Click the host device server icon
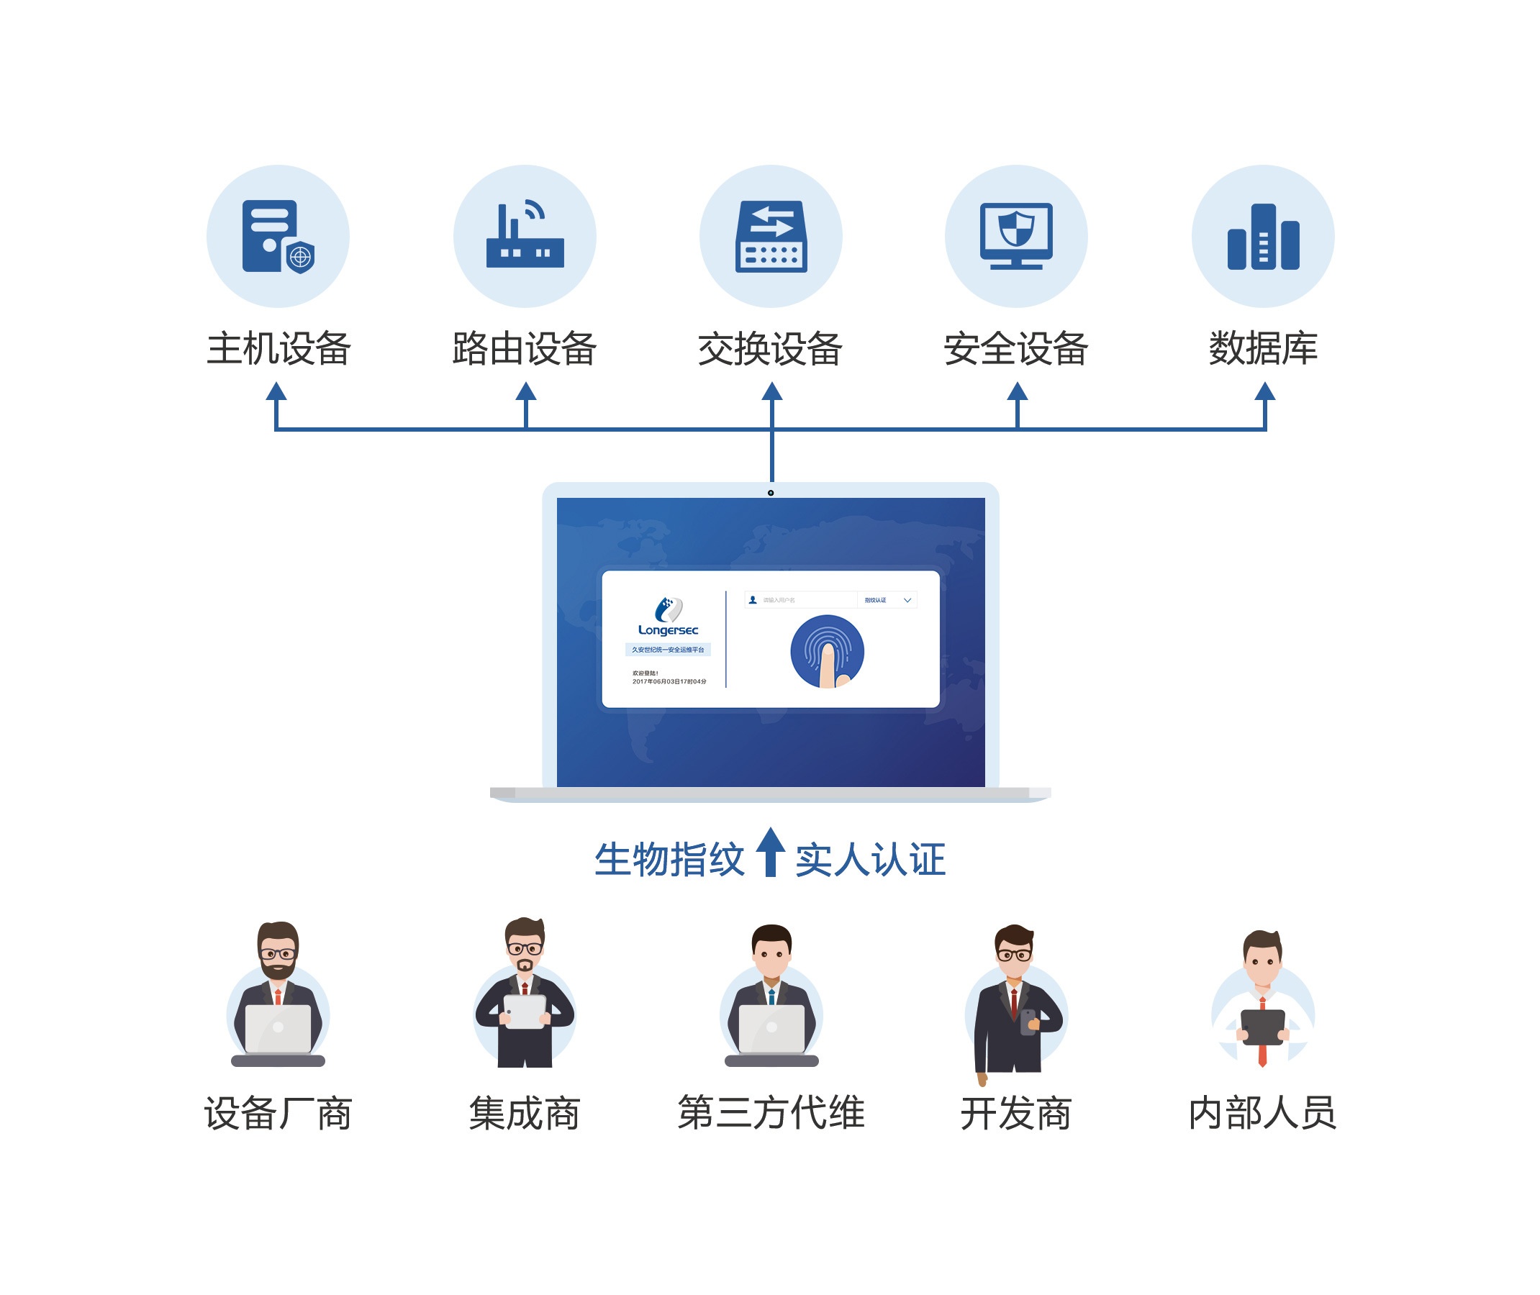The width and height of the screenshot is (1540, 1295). click(277, 237)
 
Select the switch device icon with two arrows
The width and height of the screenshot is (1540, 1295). click(771, 237)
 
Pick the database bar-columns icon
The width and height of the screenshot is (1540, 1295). click(1262, 237)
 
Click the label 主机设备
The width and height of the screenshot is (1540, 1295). click(278, 348)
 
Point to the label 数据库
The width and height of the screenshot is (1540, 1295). click(1262, 348)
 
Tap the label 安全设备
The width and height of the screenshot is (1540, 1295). click(1015, 348)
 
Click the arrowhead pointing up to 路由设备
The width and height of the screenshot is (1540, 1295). click(526, 391)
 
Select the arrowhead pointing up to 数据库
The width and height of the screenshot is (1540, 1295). click(1264, 391)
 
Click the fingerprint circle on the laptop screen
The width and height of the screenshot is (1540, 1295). click(827, 651)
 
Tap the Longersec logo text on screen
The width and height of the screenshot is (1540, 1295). click(668, 630)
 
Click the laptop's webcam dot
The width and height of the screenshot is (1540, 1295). click(771, 493)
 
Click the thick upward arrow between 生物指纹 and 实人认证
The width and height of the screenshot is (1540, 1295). click(771, 852)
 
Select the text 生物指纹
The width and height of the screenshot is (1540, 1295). click(669, 860)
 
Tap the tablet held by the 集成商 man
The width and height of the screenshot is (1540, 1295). click(525, 1012)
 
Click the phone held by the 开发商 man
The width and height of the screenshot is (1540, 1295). click(1029, 1021)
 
